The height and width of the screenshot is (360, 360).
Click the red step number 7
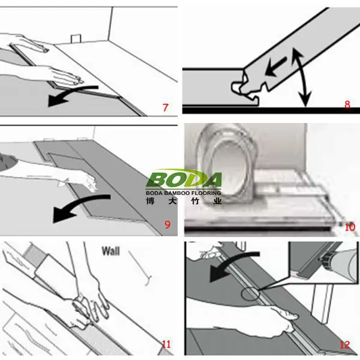click(x=166, y=107)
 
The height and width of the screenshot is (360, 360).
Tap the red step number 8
click(x=347, y=104)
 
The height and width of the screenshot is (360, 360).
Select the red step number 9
click(x=167, y=224)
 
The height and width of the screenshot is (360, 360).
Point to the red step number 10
click(x=350, y=227)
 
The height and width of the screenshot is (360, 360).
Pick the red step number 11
click(x=166, y=344)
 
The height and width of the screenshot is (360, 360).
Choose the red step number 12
click(x=345, y=345)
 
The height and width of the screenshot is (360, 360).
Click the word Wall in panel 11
click(x=110, y=251)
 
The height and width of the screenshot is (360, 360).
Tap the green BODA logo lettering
click(x=184, y=179)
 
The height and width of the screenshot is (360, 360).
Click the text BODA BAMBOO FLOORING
click(x=184, y=193)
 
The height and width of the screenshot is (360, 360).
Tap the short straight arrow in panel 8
click(x=275, y=67)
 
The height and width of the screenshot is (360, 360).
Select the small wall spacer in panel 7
click(x=76, y=39)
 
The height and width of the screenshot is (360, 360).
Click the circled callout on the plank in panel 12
click(x=250, y=293)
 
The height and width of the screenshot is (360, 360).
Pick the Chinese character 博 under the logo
click(x=150, y=201)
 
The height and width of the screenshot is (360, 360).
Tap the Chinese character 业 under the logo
click(x=217, y=201)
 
